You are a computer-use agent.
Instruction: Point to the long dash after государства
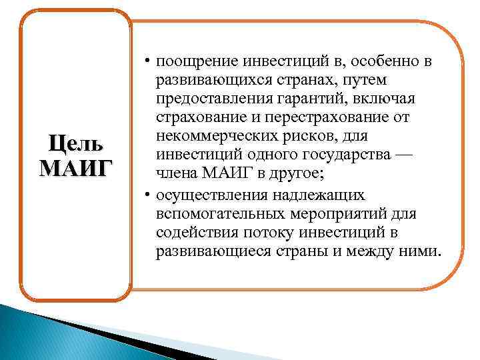(406, 155)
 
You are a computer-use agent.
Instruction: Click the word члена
(175, 174)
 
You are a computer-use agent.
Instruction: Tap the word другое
(296, 174)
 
